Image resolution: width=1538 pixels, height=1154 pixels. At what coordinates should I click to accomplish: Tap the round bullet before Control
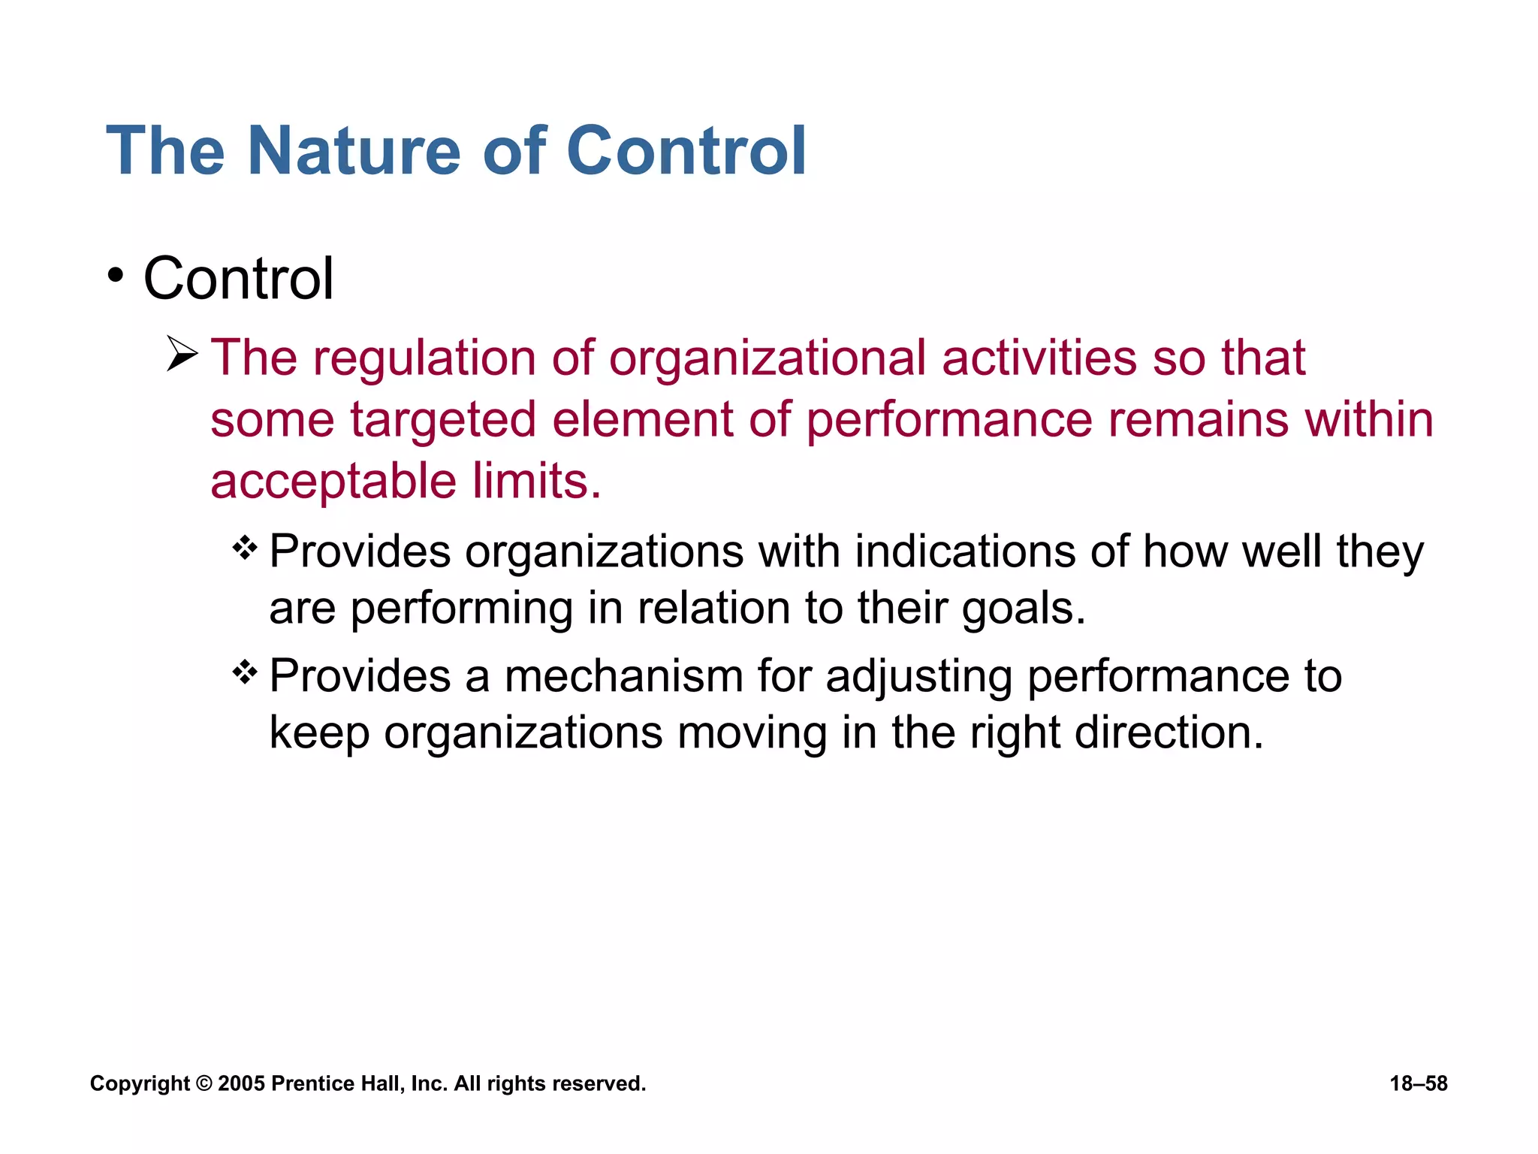(x=114, y=276)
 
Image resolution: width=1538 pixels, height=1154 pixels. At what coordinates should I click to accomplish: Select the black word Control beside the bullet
(x=238, y=279)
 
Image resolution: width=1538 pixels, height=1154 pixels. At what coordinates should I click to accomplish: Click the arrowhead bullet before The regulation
(x=182, y=355)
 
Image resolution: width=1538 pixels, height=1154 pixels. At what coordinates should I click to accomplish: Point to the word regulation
(x=424, y=358)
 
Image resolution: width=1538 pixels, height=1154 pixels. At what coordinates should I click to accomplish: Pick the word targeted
(x=443, y=419)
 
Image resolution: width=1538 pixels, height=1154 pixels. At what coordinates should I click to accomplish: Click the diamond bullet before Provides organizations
(x=245, y=548)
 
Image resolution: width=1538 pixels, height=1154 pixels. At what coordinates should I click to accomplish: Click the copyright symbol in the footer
(x=204, y=1083)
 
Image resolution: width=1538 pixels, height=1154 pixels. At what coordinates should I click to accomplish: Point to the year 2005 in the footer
(x=241, y=1083)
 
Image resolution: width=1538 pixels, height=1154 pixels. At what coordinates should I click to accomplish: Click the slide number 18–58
(x=1418, y=1083)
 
